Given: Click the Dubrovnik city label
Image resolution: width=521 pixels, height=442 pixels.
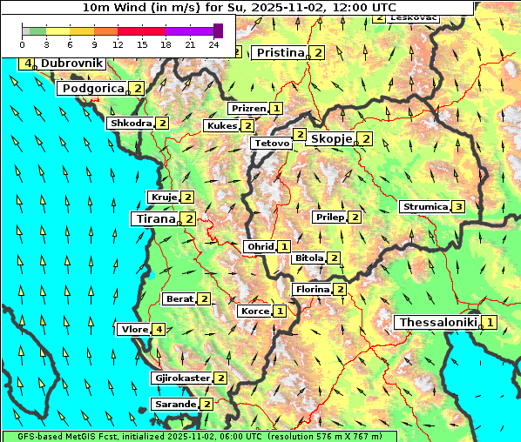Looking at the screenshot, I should click(x=71, y=64).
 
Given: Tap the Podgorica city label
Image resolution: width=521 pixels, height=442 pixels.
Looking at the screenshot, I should click(x=92, y=89).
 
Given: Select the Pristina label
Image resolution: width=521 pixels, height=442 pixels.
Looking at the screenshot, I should click(x=281, y=53).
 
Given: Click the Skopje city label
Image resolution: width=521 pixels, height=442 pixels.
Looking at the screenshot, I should click(x=331, y=139).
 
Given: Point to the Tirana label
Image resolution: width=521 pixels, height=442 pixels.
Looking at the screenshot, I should click(x=154, y=218).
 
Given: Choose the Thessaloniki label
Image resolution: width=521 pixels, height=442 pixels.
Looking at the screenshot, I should click(x=437, y=323).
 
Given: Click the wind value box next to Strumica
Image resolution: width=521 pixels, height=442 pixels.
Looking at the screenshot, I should click(x=458, y=207).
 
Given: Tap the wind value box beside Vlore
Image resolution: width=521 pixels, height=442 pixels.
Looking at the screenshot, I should click(x=158, y=329).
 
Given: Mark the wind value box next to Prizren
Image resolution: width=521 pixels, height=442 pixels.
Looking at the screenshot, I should click(x=275, y=109).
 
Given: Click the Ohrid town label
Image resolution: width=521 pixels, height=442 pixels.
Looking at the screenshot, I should click(x=260, y=247).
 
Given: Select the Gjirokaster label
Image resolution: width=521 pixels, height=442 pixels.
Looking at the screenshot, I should click(x=181, y=378).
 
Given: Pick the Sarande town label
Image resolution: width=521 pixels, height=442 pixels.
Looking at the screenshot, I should click(x=174, y=405).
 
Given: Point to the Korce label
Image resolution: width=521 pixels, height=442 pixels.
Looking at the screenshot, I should click(x=254, y=311).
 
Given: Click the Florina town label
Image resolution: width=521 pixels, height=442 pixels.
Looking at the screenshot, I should click(x=312, y=289).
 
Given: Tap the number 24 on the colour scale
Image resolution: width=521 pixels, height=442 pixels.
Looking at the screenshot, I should click(x=213, y=44).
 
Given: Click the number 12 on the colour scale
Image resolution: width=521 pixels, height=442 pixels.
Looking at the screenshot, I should click(x=118, y=44).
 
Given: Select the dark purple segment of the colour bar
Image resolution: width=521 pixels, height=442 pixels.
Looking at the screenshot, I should click(x=218, y=30).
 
